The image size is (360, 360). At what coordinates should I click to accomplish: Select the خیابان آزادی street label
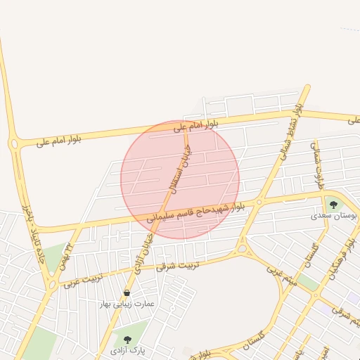[143, 253]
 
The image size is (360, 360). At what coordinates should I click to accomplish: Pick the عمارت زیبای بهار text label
[127, 304]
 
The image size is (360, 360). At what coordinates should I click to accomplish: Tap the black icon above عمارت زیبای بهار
[127, 292]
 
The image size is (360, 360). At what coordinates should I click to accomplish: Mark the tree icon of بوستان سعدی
[333, 205]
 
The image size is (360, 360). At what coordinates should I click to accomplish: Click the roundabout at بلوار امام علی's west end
[14, 144]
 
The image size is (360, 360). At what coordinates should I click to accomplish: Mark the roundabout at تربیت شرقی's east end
[243, 247]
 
